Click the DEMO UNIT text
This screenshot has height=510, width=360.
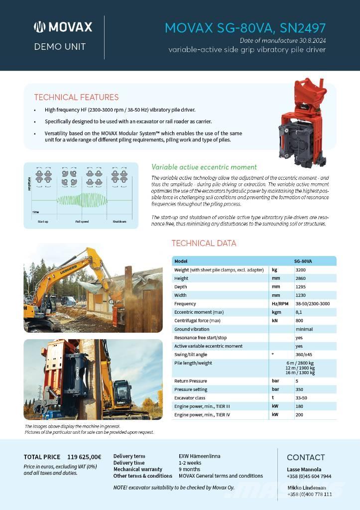click(x=60, y=47)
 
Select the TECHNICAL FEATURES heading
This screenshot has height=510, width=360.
click(x=76, y=97)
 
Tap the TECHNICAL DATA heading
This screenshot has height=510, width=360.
click(x=204, y=244)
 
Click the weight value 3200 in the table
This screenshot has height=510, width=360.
click(x=301, y=270)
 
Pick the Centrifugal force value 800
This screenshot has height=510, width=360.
click(x=300, y=321)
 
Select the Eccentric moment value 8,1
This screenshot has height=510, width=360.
click(x=299, y=312)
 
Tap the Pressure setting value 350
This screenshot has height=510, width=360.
click(x=300, y=389)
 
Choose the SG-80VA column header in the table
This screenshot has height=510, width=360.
click(x=303, y=261)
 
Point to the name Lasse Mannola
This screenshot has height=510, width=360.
click(x=304, y=469)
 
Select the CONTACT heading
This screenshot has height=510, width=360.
click(x=306, y=457)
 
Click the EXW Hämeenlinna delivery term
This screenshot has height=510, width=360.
click(x=199, y=456)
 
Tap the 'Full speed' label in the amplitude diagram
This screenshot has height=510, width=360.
click(x=82, y=221)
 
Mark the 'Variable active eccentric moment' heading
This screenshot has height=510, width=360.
click(x=204, y=167)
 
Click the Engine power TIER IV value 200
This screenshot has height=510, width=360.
click(x=299, y=415)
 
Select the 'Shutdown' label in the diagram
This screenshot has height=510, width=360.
click(x=119, y=221)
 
